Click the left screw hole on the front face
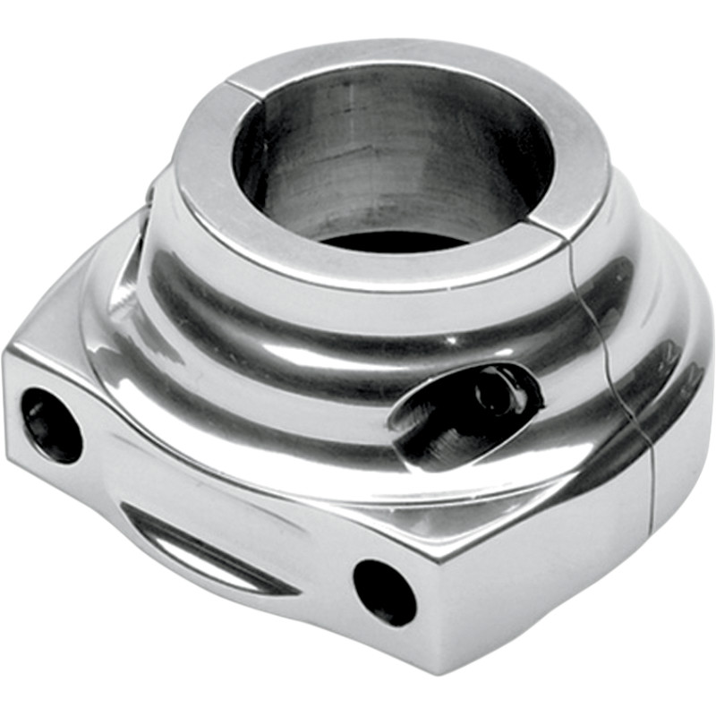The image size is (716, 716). point(52,424)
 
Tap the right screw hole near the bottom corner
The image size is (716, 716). point(385,592)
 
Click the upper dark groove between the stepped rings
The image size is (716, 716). point(358,304)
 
